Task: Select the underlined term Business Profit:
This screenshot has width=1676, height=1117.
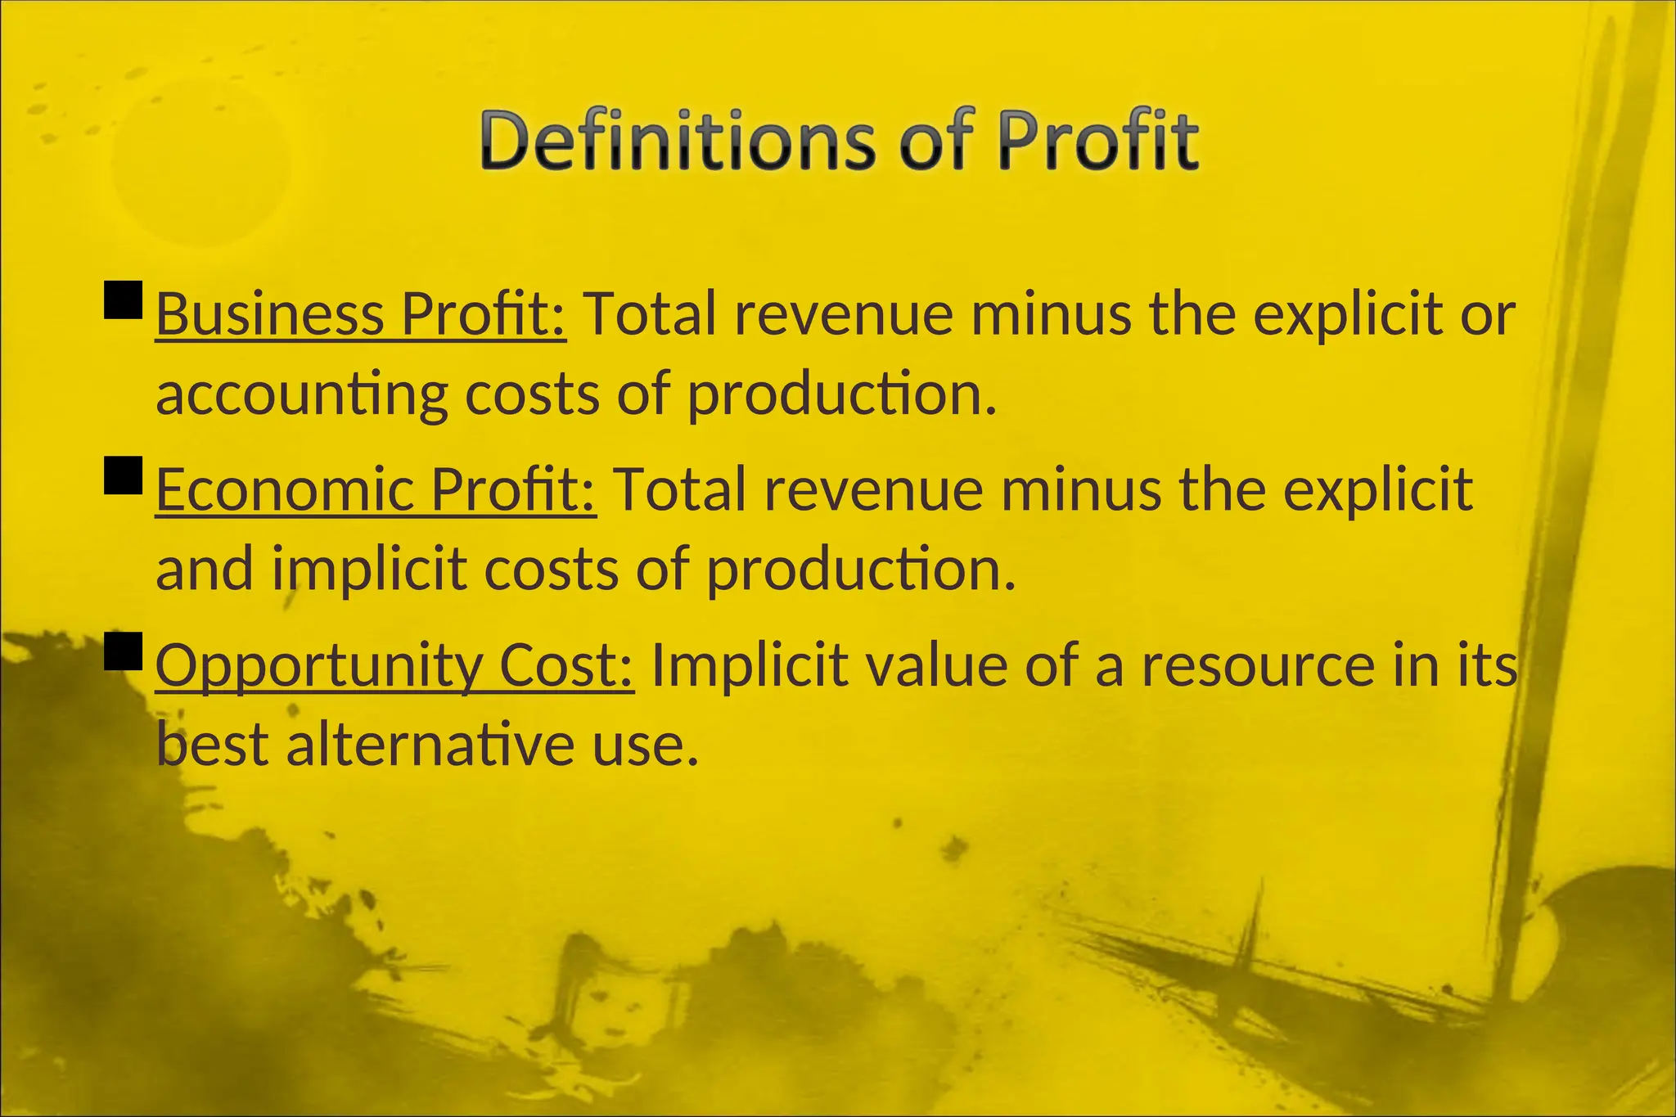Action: (x=361, y=314)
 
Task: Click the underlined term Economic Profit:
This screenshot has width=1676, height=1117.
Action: (x=376, y=490)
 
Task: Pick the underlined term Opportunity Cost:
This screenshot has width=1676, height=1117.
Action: (x=394, y=665)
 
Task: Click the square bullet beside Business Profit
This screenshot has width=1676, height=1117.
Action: (x=124, y=300)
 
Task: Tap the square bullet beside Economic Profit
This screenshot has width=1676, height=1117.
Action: (x=124, y=475)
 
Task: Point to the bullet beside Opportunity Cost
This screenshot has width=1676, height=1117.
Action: (x=124, y=651)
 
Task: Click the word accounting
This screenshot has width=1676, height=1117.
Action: (x=301, y=395)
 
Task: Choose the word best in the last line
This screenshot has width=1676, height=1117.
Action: (x=212, y=745)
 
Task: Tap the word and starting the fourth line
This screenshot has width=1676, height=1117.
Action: (x=204, y=570)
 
